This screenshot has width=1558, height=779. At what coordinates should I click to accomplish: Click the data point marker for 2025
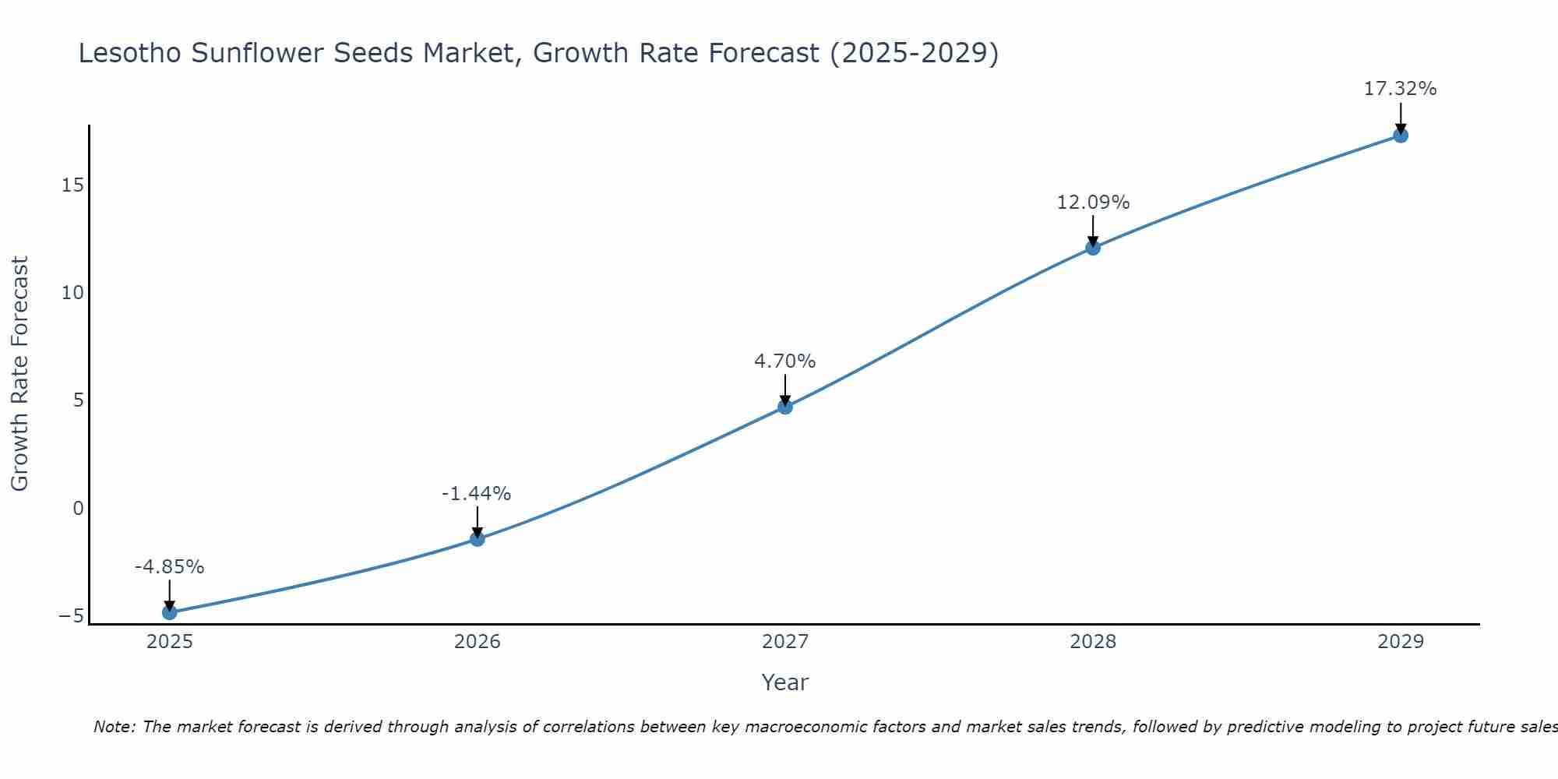coord(170,612)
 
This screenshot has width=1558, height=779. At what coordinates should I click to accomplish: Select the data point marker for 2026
coord(478,538)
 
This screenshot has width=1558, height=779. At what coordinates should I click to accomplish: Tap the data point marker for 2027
coord(785,407)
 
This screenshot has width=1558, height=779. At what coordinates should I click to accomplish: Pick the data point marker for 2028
coord(1093,248)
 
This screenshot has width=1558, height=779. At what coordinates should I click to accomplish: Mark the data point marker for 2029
coord(1401,136)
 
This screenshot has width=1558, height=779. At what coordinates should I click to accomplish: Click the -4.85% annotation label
coord(169,567)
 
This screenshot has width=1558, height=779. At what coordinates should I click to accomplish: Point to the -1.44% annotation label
coord(476,494)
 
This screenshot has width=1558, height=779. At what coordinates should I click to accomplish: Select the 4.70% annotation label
coord(784,361)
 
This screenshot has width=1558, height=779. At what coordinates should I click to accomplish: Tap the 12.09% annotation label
coord(1093,203)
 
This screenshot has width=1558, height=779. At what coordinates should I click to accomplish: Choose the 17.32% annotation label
coord(1400,89)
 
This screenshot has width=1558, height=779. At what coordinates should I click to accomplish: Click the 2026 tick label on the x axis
coord(478,642)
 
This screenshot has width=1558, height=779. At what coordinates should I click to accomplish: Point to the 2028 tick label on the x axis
coord(1093,642)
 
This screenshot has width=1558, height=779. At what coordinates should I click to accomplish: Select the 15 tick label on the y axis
coord(72,185)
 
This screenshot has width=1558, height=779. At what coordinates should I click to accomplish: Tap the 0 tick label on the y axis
coord(78,509)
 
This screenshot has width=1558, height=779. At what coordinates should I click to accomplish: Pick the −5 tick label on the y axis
coord(71,616)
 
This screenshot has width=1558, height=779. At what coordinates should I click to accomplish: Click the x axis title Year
coord(785,682)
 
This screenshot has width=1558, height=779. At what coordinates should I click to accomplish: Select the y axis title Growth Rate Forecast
coord(19,373)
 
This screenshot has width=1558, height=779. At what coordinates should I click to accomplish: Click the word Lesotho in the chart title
coord(130,53)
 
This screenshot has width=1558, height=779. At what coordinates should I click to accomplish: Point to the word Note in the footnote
coord(114,727)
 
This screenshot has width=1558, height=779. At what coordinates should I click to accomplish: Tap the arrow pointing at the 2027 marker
coord(785,389)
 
